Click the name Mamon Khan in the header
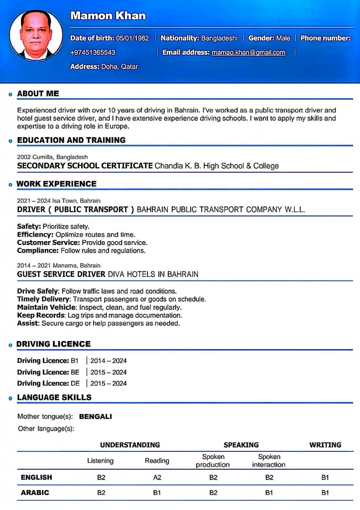click(108, 16)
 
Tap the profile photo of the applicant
click(36, 36)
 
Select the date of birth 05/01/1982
click(132, 38)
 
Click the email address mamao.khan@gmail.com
click(248, 52)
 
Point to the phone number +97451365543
click(93, 52)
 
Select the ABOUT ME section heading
click(38, 94)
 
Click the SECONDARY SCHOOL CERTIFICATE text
click(85, 166)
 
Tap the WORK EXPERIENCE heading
click(56, 184)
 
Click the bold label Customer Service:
click(48, 243)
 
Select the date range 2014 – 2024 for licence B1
click(109, 361)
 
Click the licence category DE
click(75, 383)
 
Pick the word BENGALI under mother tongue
click(96, 416)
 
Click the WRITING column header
click(325, 445)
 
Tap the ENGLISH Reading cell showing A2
click(157, 478)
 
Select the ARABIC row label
click(35, 493)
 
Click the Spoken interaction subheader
click(269, 461)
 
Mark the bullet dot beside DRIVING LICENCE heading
click(10, 345)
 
